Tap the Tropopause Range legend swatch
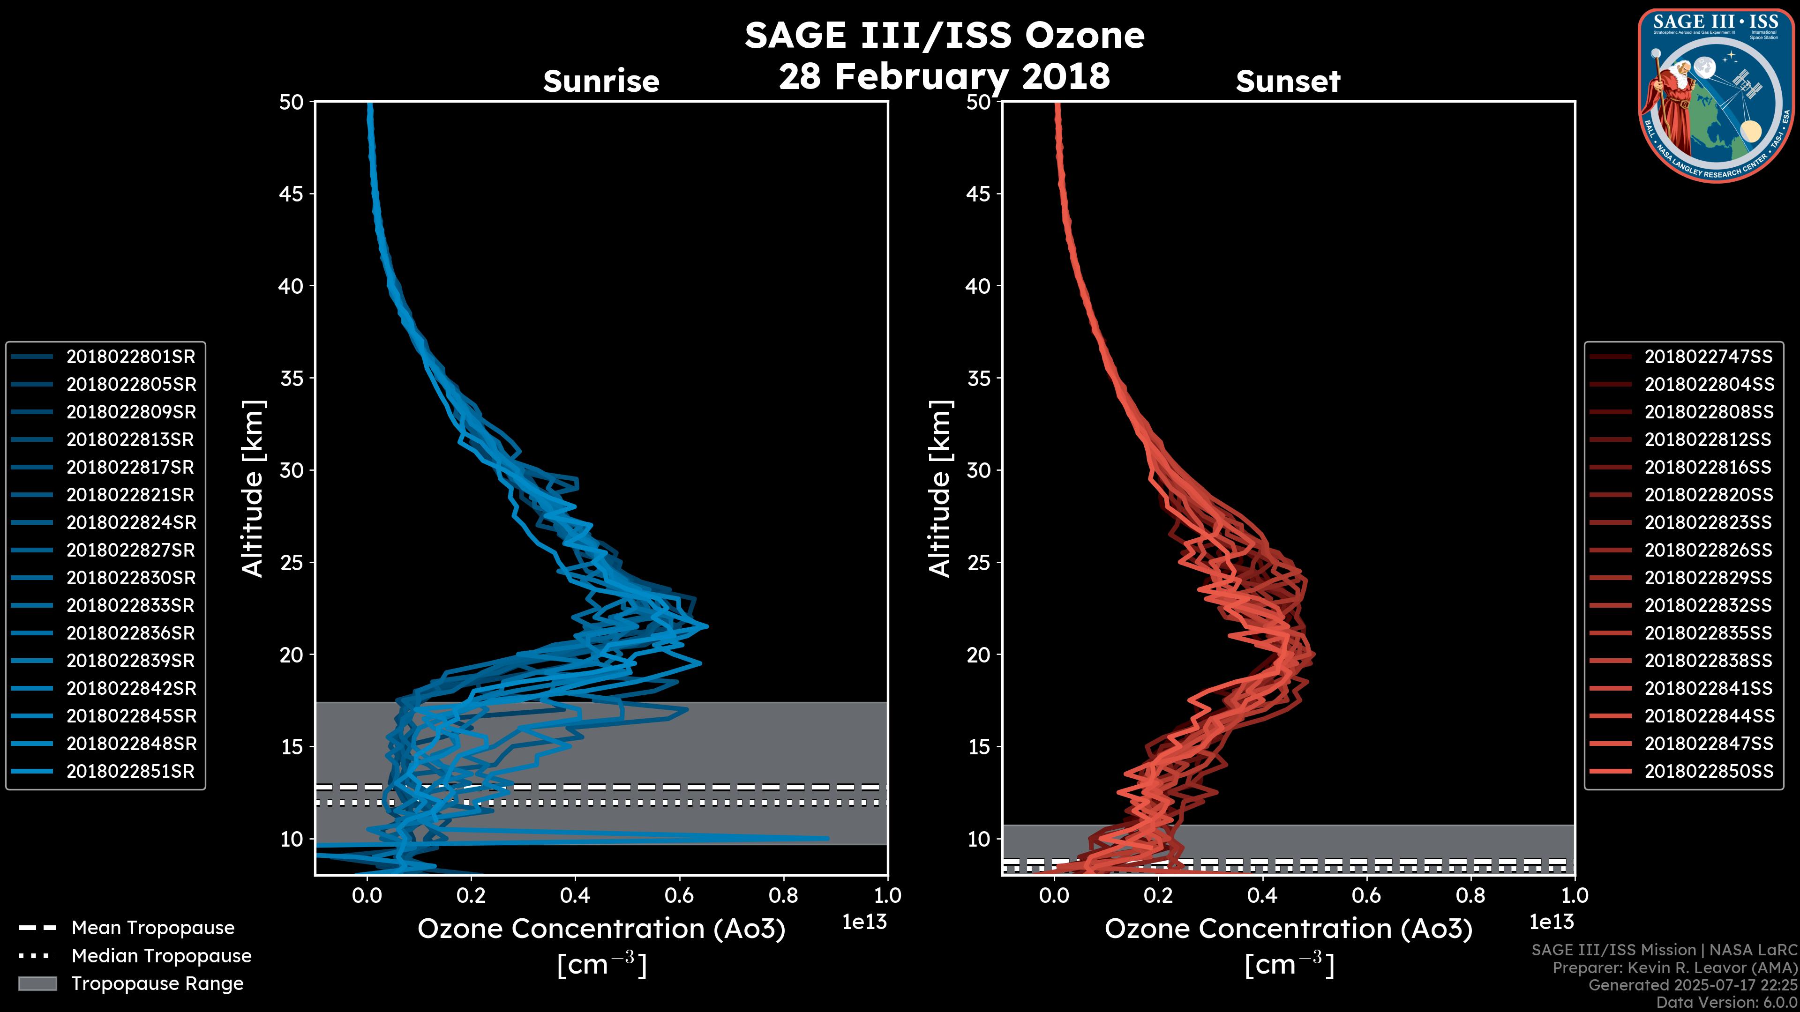pyautogui.click(x=37, y=984)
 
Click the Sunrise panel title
pyautogui.click(x=601, y=82)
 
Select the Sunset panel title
pyautogui.click(x=1288, y=82)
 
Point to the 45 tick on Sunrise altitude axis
pyautogui.click(x=292, y=194)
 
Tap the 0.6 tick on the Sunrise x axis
pyautogui.click(x=679, y=895)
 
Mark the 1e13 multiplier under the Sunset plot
pyautogui.click(x=1551, y=923)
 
